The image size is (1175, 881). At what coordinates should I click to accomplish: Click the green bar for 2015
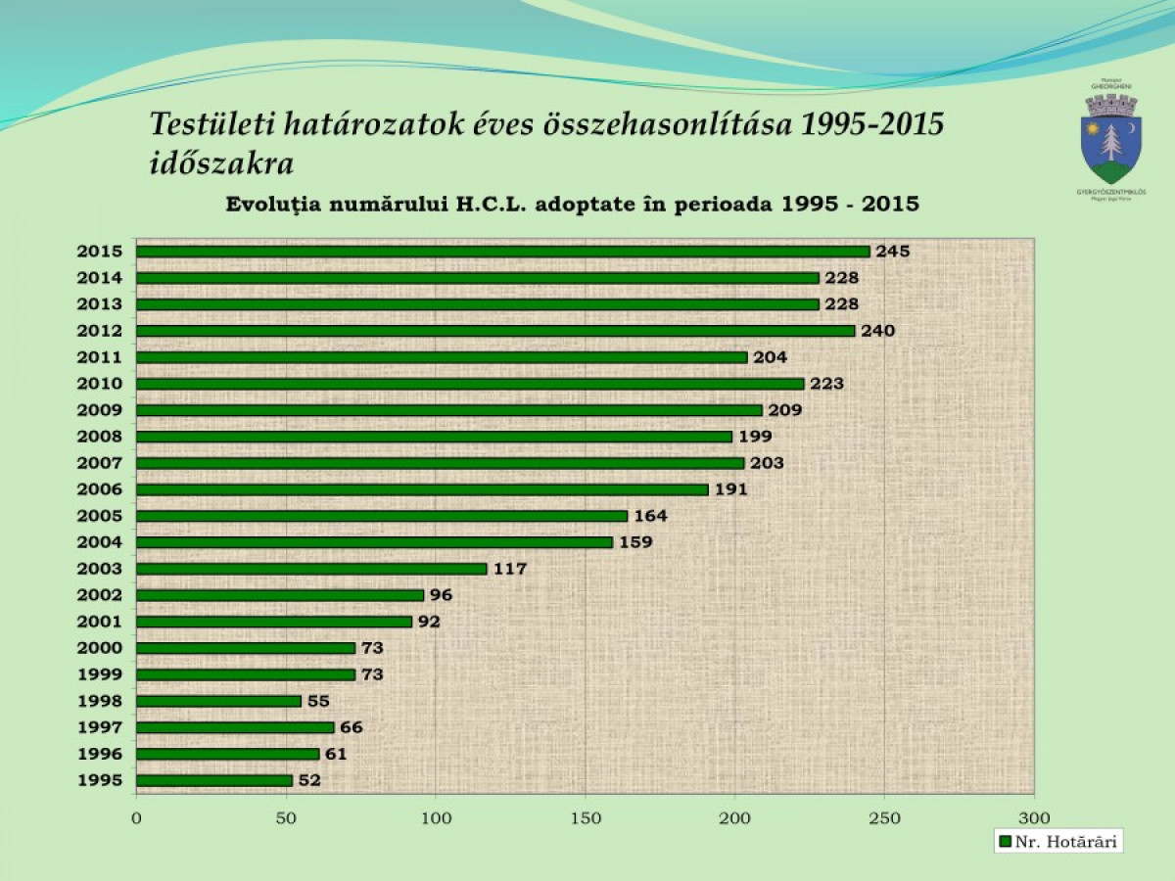click(502, 252)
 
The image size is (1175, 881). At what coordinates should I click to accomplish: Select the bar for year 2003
click(311, 569)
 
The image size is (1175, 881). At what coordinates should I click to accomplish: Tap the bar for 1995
click(214, 780)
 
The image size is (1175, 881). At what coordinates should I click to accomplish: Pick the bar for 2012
click(495, 331)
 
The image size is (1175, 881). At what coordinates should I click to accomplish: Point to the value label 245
click(892, 252)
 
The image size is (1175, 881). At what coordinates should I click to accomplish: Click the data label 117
click(510, 569)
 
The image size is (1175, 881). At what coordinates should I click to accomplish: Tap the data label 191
click(730, 489)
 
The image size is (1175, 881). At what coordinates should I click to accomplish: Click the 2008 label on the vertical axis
click(99, 437)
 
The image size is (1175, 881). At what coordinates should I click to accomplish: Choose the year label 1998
click(99, 701)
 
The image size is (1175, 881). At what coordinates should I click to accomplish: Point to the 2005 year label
click(99, 516)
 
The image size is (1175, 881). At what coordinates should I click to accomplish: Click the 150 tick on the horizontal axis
click(585, 817)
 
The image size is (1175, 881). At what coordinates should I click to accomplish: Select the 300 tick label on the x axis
click(1034, 817)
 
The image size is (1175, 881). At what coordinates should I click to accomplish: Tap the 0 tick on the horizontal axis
click(136, 817)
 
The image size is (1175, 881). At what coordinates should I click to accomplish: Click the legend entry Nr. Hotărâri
click(1057, 841)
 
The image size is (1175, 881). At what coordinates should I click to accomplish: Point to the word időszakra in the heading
click(221, 162)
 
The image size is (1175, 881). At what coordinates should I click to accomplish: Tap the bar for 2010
click(470, 384)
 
